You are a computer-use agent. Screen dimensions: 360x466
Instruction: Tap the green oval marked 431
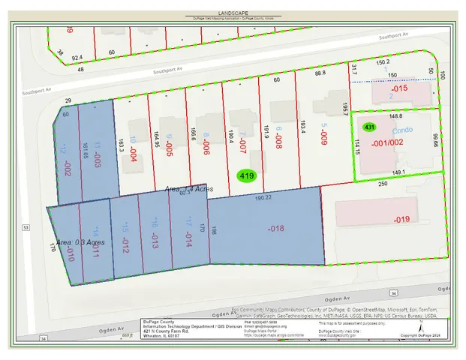click(369, 127)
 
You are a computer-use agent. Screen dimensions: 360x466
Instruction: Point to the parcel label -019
click(401, 219)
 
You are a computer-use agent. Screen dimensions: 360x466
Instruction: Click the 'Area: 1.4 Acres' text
click(190, 190)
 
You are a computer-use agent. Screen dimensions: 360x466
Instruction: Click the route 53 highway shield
click(26, 226)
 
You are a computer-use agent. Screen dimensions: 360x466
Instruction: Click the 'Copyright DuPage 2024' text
click(428, 334)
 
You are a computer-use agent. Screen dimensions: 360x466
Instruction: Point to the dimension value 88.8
click(320, 73)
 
